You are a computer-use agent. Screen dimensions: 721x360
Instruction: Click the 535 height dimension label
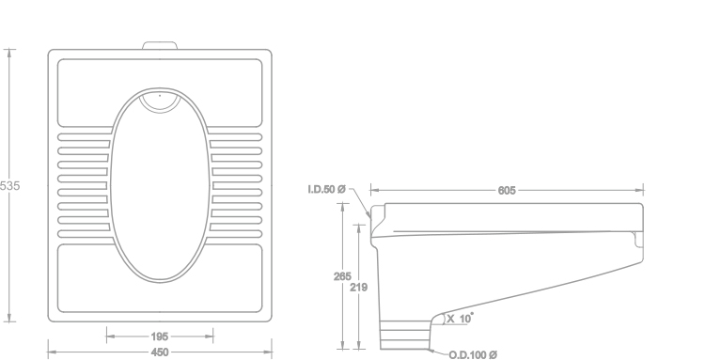(9, 186)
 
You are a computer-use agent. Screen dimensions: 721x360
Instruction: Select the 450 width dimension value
(160, 352)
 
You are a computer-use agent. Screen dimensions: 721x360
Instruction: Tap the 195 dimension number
(160, 337)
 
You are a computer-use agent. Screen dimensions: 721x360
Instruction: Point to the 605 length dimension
(507, 191)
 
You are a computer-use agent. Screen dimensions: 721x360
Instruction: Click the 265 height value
(342, 276)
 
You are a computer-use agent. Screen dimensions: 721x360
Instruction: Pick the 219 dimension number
(359, 288)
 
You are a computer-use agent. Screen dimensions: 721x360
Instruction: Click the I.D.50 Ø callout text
(326, 190)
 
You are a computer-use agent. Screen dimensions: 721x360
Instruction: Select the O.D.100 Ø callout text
(473, 355)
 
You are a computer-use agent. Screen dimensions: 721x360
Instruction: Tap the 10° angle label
(466, 318)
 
